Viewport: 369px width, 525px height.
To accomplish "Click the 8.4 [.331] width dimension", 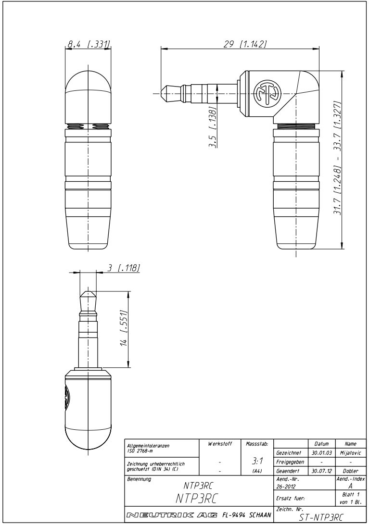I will pos(89,45).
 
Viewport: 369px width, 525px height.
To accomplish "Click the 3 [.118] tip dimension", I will pos(123,268).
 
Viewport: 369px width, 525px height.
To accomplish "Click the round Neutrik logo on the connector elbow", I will pos(267,92).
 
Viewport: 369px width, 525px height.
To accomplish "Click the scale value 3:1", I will pos(257,461).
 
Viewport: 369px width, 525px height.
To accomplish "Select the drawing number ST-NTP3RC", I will pos(319,517).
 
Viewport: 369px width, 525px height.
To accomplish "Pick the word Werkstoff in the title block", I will pos(219,444).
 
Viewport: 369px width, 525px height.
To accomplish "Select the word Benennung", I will pos(139,479).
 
